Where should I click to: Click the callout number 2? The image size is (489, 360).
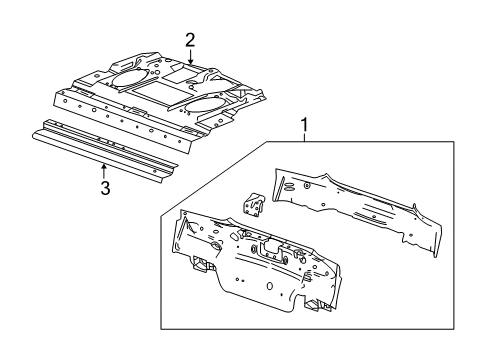[x=189, y=39]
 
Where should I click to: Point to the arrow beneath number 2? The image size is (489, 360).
[x=189, y=60]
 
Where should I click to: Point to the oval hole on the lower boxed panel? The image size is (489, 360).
[x=257, y=249]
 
